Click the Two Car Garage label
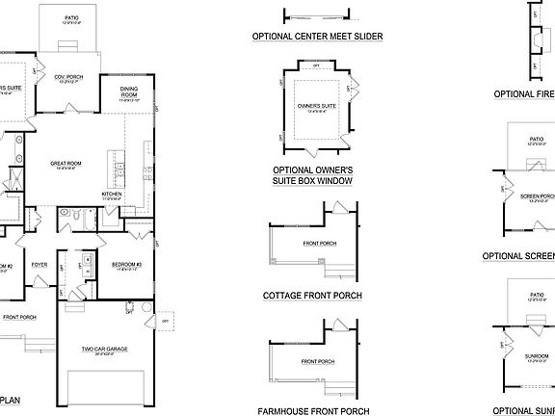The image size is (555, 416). tap(106, 347)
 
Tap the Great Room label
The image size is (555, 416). tap(66, 164)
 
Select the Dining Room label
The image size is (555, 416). tap(129, 93)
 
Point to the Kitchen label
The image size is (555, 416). tap(113, 194)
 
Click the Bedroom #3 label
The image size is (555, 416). tap(125, 264)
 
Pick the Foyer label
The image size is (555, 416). tap(40, 264)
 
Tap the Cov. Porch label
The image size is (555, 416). tap(67, 78)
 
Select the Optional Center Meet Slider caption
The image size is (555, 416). tap(317, 37)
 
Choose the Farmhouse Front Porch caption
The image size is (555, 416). tap(314, 410)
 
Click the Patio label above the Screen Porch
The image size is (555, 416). tap(536, 138)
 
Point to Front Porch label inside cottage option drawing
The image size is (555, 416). tap(318, 243)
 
